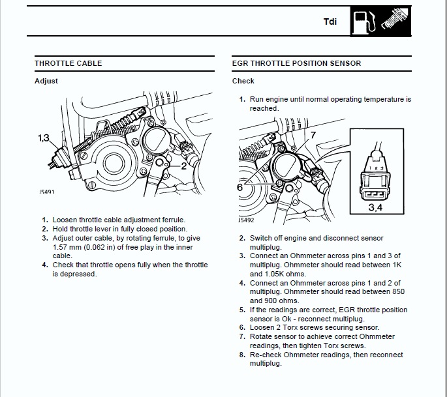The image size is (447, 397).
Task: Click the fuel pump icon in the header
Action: pos(360,21)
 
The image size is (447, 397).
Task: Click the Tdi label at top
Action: pos(330,22)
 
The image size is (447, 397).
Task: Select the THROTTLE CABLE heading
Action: pos(68,63)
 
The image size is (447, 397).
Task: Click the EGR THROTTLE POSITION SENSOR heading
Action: pos(296,63)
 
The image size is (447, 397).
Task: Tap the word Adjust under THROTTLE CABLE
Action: pos(46,81)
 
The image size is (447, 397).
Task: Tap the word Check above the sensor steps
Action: pos(243,81)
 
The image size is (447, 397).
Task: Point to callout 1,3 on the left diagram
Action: pos(44,138)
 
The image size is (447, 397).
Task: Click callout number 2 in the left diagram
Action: pos(184,166)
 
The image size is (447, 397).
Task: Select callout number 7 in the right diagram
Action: pos(313,135)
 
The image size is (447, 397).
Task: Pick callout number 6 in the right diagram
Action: pos(239,186)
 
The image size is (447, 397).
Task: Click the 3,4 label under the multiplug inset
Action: pos(377,208)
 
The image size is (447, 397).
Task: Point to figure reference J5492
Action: pos(245,220)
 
